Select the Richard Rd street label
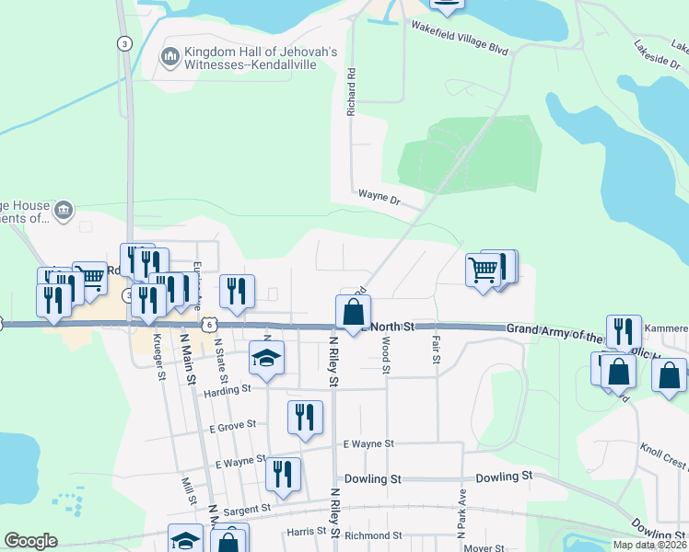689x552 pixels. (351, 90)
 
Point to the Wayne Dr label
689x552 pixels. (380, 197)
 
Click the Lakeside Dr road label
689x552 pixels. (656, 54)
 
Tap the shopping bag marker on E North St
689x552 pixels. (353, 313)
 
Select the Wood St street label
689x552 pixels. (386, 355)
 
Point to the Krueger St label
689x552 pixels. (160, 357)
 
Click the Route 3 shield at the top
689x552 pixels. (123, 43)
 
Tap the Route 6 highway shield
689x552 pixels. (210, 324)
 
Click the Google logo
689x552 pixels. (30, 541)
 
